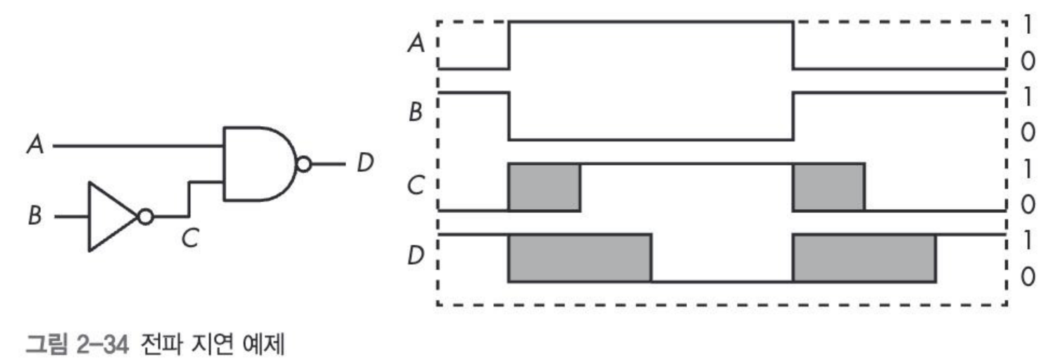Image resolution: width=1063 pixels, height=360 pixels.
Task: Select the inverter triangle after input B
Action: [x=112, y=217]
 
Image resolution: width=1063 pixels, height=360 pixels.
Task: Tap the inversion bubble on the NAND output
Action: [x=304, y=165]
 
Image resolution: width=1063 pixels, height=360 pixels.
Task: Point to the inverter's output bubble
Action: [x=146, y=217]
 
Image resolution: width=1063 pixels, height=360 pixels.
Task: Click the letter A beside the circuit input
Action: [x=36, y=144]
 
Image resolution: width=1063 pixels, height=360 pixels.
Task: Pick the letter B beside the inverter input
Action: [x=35, y=216]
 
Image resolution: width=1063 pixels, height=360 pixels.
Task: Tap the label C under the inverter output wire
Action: [x=189, y=238]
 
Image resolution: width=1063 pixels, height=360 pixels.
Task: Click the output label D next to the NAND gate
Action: [x=366, y=163]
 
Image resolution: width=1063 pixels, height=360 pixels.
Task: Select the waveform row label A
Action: [x=416, y=43]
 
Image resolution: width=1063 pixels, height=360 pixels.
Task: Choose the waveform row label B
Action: [x=415, y=113]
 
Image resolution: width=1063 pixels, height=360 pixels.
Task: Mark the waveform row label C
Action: [x=416, y=185]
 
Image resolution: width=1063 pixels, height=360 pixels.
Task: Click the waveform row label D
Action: [x=416, y=256]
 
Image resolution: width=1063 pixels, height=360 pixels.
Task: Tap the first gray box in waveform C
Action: [x=545, y=187]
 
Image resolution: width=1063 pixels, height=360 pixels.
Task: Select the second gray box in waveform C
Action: [x=828, y=187]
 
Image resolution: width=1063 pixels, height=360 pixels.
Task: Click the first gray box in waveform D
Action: [x=580, y=258]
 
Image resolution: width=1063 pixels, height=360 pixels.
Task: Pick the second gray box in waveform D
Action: [x=864, y=258]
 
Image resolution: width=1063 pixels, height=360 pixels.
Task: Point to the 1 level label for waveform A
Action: [x=1027, y=25]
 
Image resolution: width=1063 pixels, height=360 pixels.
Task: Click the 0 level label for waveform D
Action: [x=1028, y=277]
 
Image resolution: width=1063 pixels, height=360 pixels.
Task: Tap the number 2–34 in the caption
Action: [x=102, y=344]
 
